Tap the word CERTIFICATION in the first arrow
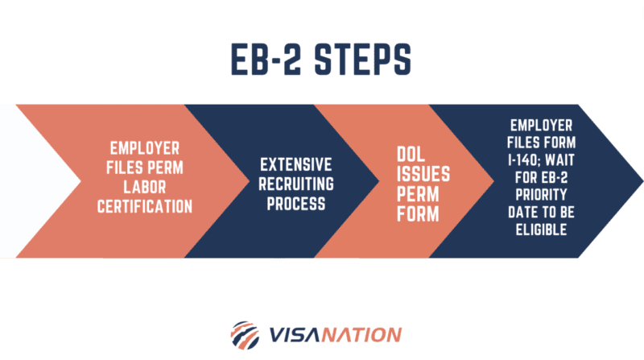pos(145,207)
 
